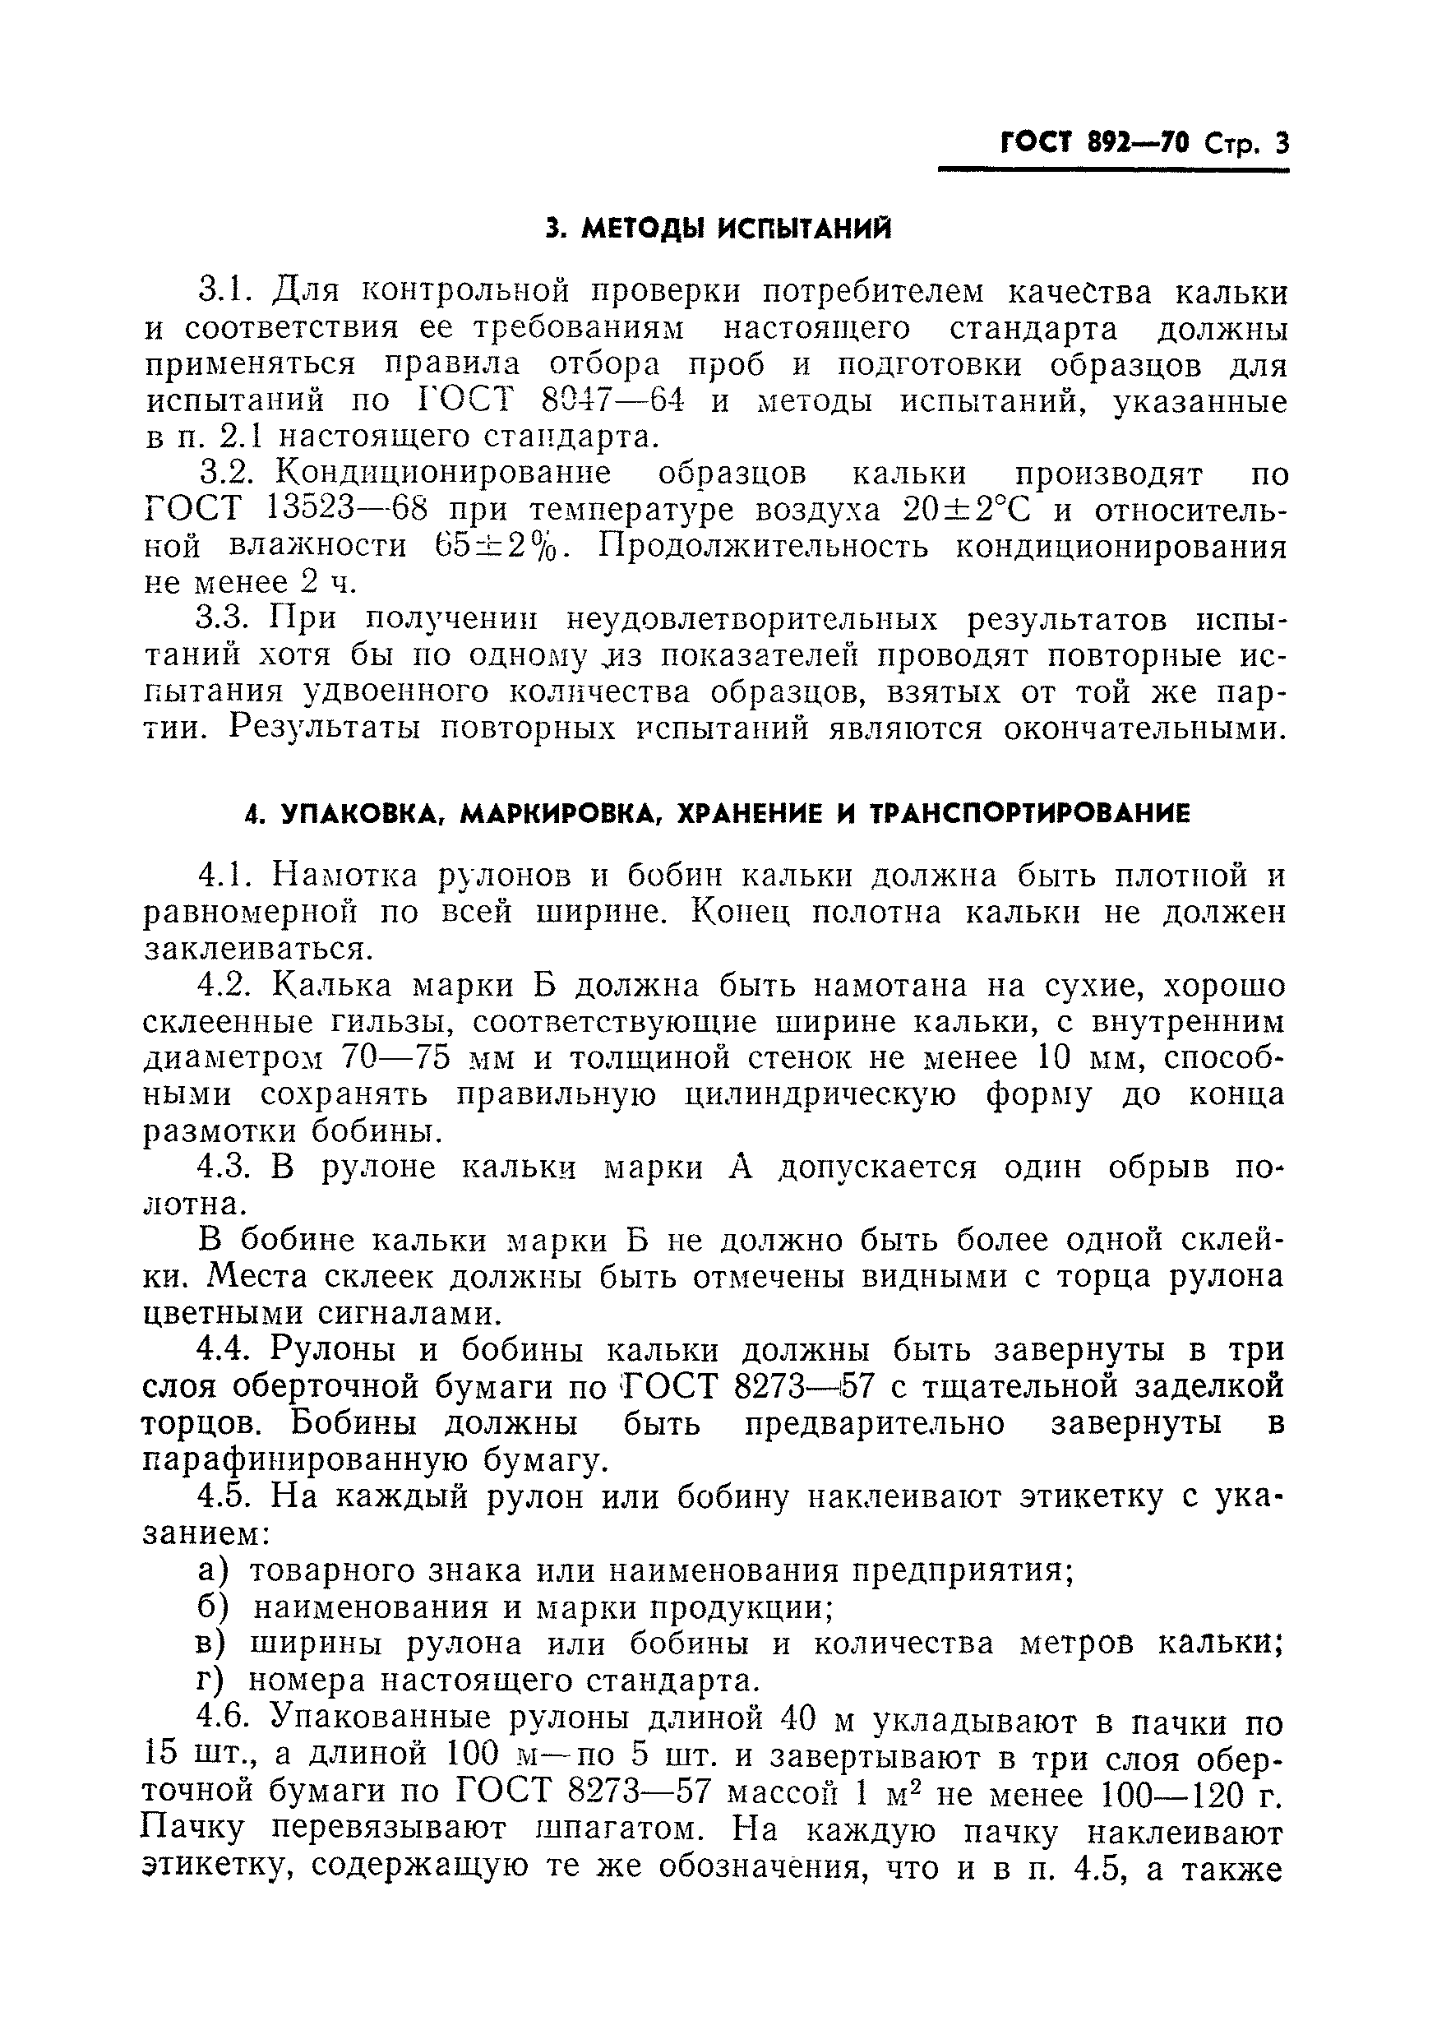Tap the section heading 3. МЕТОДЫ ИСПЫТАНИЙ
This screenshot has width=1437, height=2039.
click(x=718, y=229)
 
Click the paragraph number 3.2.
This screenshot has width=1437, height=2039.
click(x=230, y=474)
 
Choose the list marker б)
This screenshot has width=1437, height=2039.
click(x=212, y=1607)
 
